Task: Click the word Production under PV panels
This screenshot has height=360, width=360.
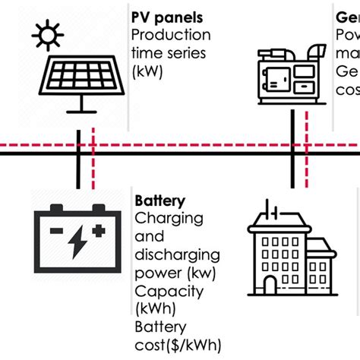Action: (171, 35)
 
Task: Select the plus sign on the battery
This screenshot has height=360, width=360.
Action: (97, 229)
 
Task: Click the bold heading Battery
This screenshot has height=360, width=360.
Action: (159, 201)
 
